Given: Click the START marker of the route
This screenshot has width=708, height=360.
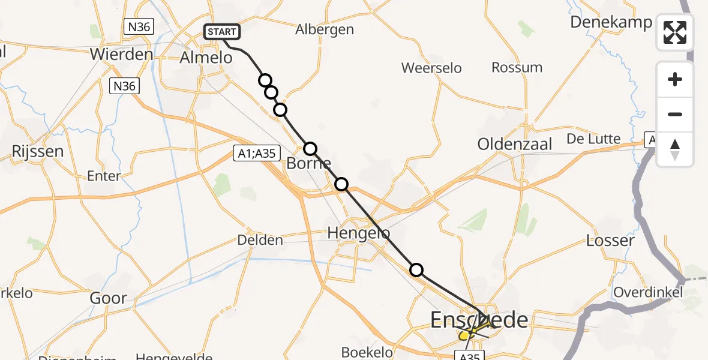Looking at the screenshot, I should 222,32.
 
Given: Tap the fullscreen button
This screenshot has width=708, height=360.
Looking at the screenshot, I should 675,32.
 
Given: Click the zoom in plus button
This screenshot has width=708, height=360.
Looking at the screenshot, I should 675,79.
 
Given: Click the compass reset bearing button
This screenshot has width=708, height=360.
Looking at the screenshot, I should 675,149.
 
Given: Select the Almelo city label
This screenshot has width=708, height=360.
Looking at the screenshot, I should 206,58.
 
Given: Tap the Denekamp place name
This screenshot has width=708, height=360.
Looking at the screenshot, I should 611,22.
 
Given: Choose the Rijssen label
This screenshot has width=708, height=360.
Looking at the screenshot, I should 38,151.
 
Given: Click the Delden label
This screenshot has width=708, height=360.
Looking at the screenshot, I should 260,241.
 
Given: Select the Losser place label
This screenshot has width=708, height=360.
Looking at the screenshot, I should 610,241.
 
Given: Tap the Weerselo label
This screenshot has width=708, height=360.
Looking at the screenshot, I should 431,68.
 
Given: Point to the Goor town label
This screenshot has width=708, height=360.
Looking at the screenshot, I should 108,298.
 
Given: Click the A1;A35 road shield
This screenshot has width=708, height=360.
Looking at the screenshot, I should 256,154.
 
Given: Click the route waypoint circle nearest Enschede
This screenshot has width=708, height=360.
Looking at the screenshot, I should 416,270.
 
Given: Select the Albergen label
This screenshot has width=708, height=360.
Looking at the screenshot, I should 325,29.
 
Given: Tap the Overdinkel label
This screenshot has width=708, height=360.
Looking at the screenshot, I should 648,292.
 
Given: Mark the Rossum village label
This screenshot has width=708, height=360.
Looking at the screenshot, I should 517,67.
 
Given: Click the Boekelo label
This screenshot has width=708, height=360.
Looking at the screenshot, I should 367,352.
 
